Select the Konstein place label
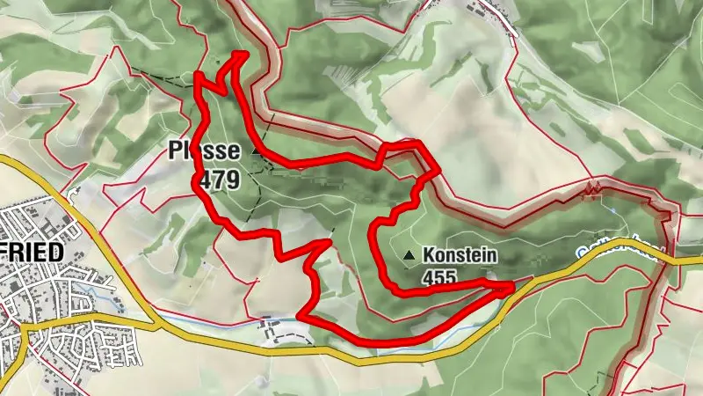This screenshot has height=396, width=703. click(460, 255)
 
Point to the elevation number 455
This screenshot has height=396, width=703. click(439, 277)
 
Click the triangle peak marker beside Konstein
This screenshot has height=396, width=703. click(409, 256)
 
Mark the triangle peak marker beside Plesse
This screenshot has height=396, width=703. click(256, 151)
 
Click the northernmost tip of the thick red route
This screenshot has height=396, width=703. click(240, 55)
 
